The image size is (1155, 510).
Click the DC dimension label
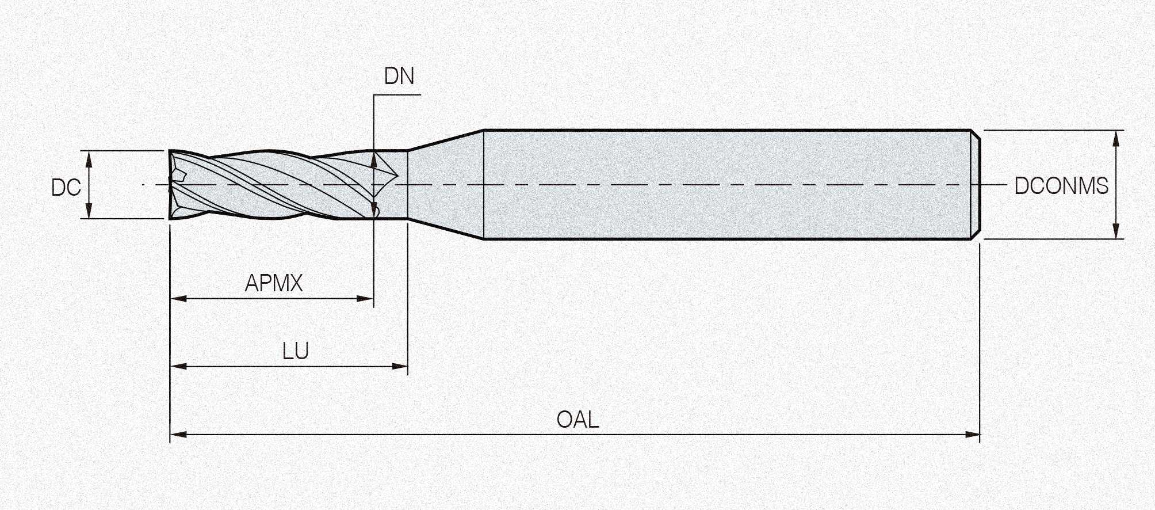coord(66,188)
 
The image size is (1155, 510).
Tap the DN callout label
coord(399,76)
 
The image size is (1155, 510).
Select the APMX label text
coord(274,283)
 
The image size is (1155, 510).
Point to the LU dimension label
coord(296,351)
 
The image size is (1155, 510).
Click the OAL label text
coord(577,420)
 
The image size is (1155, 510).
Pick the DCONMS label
coord(1061,186)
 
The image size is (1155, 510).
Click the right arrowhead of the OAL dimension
coord(972,434)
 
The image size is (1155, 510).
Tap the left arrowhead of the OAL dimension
coord(178,434)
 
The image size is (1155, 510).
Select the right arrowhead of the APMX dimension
coord(365,299)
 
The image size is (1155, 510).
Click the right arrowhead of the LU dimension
coord(400,366)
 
